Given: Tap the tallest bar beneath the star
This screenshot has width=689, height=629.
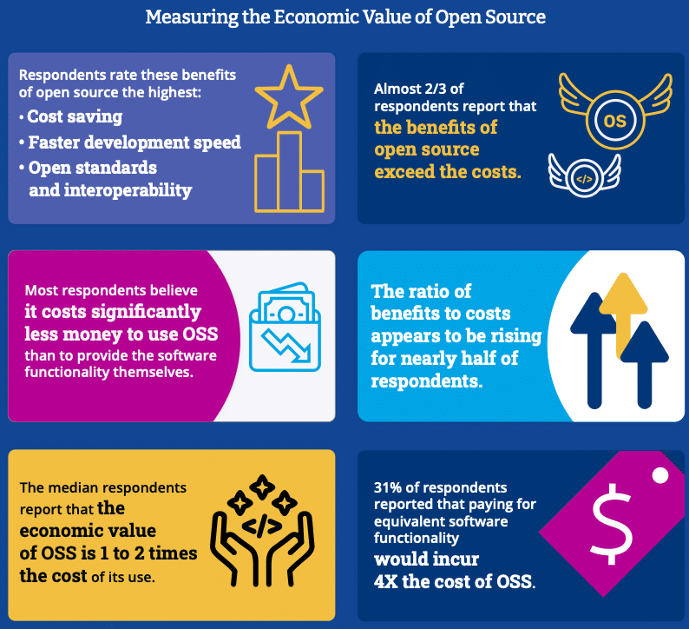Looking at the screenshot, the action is click(x=290, y=171).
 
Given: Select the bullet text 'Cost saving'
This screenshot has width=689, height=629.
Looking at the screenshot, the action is click(x=75, y=116).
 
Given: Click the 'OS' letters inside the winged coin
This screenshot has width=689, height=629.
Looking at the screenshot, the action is click(x=614, y=121).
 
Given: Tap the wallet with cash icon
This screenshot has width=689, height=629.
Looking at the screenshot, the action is click(x=285, y=327).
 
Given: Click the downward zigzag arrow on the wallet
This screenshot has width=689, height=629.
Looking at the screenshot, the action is click(x=286, y=345).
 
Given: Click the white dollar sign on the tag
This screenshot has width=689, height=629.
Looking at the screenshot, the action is click(x=613, y=523).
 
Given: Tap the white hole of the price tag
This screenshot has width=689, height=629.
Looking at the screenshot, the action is click(x=660, y=475).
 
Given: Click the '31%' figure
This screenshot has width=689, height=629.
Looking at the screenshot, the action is click(x=388, y=487).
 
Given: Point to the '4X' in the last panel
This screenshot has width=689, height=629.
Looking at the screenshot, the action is click(x=386, y=581).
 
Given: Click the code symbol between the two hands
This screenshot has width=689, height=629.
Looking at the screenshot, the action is click(x=262, y=526).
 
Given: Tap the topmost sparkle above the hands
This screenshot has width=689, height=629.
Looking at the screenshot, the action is click(x=262, y=487).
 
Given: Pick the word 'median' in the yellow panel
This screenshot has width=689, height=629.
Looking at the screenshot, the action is click(x=75, y=487).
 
